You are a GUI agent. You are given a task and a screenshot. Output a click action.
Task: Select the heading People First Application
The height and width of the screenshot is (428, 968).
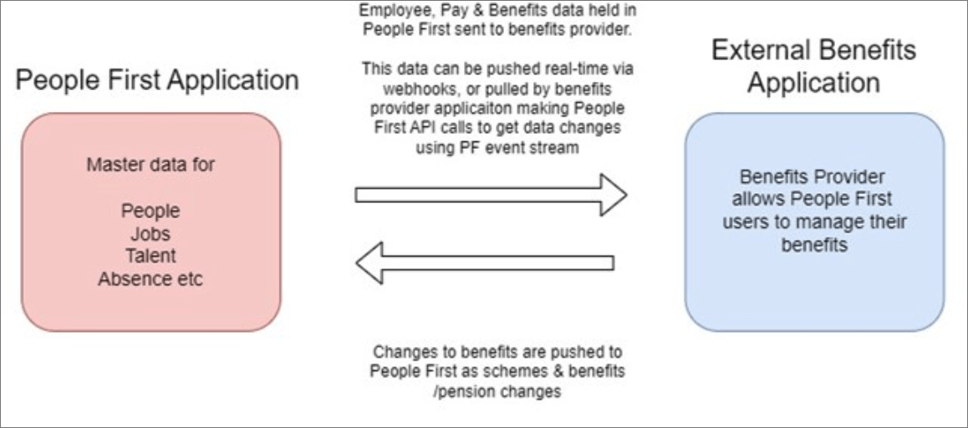coord(157,80)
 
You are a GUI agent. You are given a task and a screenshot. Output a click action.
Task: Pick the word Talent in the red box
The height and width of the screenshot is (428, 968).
coord(150,256)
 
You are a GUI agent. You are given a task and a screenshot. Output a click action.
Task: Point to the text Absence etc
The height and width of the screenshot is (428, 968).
coord(150,279)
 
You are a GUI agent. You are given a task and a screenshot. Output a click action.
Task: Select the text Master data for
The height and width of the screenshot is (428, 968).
coord(150,164)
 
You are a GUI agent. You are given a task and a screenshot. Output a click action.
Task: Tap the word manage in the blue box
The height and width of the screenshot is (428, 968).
coord(869,222)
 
